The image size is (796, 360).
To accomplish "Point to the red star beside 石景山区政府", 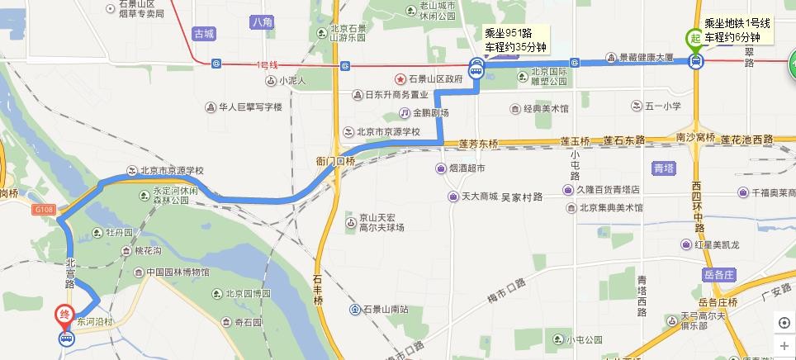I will tap(400, 78).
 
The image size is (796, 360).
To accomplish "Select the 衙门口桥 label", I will tap(335, 161).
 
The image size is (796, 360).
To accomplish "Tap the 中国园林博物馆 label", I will tap(178, 272).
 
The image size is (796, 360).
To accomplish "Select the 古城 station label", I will tap(203, 34).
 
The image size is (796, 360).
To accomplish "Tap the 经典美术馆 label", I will tap(546, 109).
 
